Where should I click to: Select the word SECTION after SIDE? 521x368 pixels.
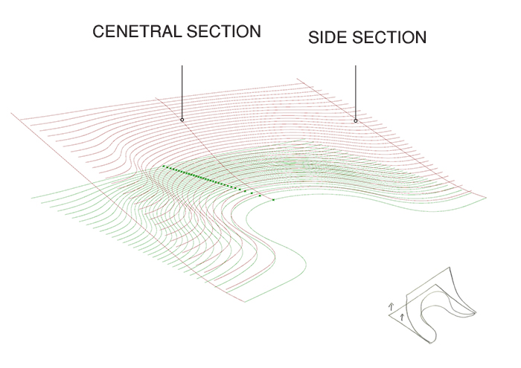pos(391,37)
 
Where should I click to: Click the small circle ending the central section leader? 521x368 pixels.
pos(182,119)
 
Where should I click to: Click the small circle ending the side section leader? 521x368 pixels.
pos(356,120)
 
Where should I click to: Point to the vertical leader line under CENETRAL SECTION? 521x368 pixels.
pos(182,89)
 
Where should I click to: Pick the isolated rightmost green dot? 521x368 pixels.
pos(274,199)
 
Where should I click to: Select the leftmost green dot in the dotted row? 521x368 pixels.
pos(163,167)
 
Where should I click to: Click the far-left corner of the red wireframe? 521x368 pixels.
pos(13,114)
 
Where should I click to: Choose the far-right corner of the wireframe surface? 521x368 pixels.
pos(488,197)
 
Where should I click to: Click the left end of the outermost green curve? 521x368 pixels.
pos(32,197)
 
